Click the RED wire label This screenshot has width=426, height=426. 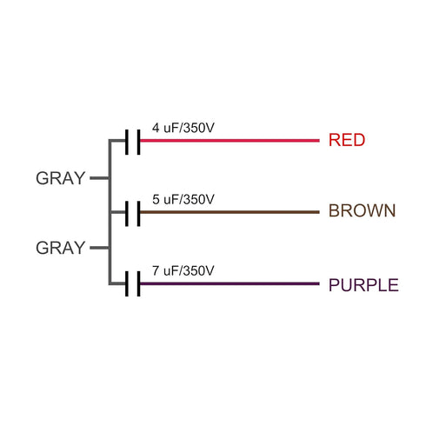[x=347, y=140]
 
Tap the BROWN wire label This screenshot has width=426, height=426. [x=362, y=210]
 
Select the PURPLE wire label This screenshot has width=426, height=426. [x=363, y=285]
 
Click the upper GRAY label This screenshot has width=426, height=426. [x=60, y=178]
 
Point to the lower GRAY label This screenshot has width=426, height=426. [x=60, y=248]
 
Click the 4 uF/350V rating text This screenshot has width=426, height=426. [x=183, y=128]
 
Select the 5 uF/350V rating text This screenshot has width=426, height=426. [x=183, y=199]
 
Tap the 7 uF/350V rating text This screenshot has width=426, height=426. [x=183, y=270]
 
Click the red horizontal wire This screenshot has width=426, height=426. [x=230, y=141]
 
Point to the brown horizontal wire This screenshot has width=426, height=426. [x=230, y=212]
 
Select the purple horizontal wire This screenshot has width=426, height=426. [x=230, y=283]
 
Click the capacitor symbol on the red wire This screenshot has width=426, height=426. [x=133, y=142]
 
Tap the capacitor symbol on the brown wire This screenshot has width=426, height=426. [x=133, y=214]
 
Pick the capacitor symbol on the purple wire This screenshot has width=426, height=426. [x=133, y=284]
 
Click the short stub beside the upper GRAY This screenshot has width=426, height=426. [x=99, y=178]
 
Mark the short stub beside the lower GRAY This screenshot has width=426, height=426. [x=99, y=248]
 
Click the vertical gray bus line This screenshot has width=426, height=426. [x=110, y=212]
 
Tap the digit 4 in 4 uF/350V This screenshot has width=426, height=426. [x=156, y=128]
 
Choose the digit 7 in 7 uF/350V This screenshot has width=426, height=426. [x=156, y=270]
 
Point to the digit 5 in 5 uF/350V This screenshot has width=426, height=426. [x=156, y=199]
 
